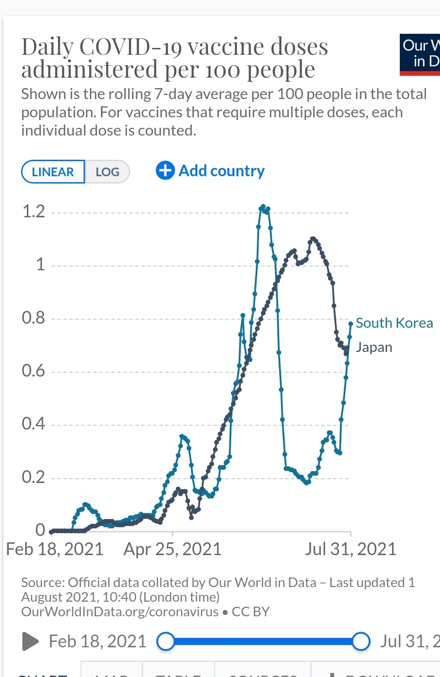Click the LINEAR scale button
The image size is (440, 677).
click(53, 172)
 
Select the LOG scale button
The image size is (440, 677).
click(107, 172)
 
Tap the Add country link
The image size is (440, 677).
click(221, 171)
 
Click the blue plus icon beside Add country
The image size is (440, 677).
click(165, 171)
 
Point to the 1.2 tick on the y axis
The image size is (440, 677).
click(34, 212)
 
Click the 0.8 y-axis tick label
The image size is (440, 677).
click(34, 318)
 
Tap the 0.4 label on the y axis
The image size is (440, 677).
click(34, 424)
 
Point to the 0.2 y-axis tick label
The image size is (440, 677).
click(34, 478)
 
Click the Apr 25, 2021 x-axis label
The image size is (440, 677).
click(172, 549)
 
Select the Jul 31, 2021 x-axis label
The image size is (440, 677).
click(350, 549)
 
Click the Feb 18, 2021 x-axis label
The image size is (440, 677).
click(55, 549)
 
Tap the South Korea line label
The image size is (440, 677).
click(394, 323)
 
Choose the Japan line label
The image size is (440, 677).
click(374, 347)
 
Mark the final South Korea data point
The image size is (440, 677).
click(351, 324)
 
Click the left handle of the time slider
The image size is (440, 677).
click(165, 641)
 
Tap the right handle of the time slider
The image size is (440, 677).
click(361, 641)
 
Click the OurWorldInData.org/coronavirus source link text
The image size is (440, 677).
click(120, 612)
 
